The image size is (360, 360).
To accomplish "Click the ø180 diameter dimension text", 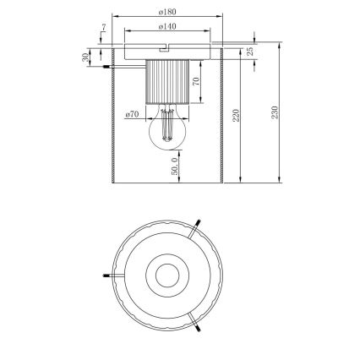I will [166, 12].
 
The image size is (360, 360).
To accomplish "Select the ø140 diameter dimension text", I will [166, 27].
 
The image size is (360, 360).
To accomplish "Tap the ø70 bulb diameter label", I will [132, 113].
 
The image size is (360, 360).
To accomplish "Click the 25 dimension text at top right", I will [251, 52].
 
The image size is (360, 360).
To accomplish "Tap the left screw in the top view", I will [106, 274].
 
